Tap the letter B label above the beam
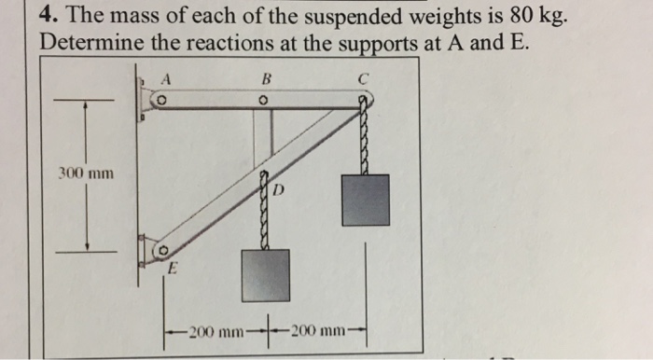click(265, 79)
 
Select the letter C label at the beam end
click(365, 79)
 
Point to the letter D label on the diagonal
click(277, 190)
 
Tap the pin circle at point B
click(264, 101)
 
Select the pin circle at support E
click(161, 251)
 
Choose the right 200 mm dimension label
click(319, 331)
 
